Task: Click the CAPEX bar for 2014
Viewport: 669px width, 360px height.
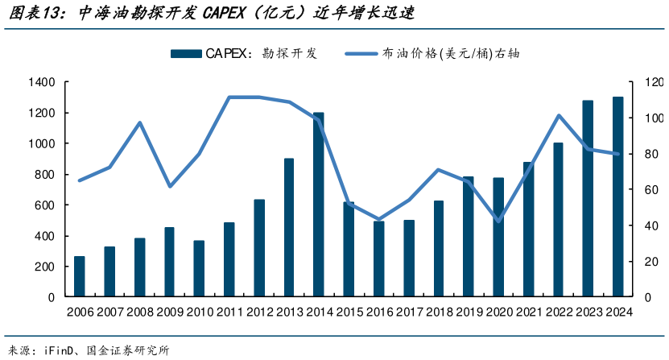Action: tap(319, 205)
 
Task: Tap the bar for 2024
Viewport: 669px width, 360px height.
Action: tap(617, 197)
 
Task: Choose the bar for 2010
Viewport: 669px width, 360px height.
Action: tap(199, 268)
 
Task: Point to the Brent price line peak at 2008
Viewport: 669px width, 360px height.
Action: tap(139, 122)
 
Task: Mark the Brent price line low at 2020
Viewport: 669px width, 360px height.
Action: tap(498, 221)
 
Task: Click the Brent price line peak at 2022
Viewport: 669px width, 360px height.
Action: tap(558, 116)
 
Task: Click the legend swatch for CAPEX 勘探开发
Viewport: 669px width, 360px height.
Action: tap(185, 54)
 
